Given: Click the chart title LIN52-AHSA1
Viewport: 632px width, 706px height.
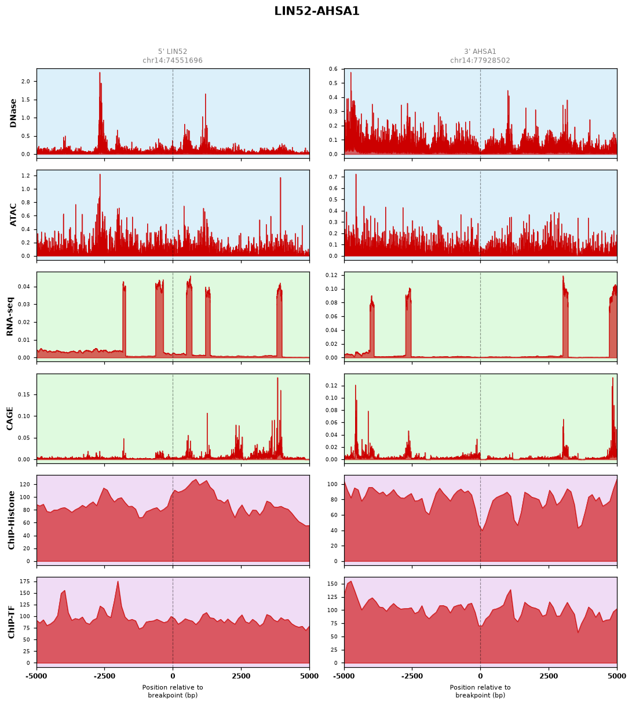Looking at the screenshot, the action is coord(316,11).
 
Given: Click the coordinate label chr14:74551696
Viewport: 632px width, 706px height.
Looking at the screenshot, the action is coord(173,60).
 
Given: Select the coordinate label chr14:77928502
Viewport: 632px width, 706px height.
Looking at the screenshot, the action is coord(480,60).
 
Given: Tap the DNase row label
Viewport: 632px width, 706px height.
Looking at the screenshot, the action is coord(13,114).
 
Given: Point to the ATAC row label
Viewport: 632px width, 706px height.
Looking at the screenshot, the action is coord(13,215).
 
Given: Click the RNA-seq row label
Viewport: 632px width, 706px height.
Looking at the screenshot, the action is coord(10,316).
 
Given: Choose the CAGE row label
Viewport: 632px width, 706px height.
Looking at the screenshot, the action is coord(10,419).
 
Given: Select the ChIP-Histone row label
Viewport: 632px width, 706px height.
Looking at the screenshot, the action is coord(11,520).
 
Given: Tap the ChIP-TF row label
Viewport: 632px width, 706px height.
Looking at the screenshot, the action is coord(11,622).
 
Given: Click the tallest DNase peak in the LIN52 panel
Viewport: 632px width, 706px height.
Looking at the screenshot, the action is coord(100,73).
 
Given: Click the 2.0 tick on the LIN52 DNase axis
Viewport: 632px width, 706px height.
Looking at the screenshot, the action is coord(26,82).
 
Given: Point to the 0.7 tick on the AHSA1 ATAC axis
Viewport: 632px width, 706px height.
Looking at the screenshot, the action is coord(334,177).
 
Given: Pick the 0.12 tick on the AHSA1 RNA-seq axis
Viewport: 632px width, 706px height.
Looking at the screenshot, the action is coord(332,275).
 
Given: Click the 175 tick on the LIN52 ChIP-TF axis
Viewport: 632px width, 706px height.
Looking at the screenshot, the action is coord(25,581).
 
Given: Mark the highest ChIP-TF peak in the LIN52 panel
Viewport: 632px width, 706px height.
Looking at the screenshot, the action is coord(118,581).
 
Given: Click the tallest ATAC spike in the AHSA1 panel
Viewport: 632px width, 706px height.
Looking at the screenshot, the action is coord(356,174).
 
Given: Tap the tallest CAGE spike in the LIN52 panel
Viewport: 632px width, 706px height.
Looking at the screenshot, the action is coord(277,378).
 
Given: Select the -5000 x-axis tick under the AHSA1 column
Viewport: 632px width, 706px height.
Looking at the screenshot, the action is coord(345,676).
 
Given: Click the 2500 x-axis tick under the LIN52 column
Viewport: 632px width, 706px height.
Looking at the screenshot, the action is coord(241,676).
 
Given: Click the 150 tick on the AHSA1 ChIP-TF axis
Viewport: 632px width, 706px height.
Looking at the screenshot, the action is coord(333,584).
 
